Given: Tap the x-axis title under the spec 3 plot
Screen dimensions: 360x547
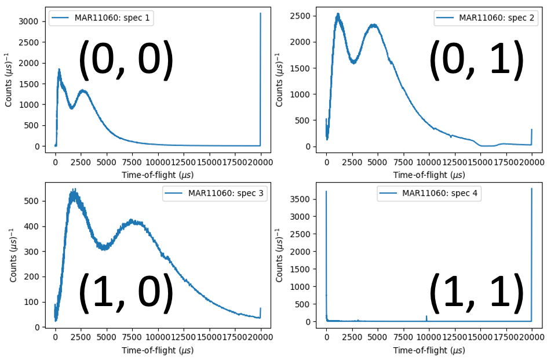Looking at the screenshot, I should click(x=158, y=350).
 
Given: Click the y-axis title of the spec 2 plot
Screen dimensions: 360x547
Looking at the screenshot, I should click(x=279, y=79).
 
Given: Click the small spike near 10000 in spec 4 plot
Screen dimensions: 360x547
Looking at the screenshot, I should click(x=426, y=317).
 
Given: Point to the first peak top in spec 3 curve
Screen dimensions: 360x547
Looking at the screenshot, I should click(x=74, y=190).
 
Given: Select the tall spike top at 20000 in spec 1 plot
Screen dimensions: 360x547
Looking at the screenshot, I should click(x=260, y=13).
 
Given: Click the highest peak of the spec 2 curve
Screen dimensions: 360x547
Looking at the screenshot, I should click(x=338, y=14).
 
